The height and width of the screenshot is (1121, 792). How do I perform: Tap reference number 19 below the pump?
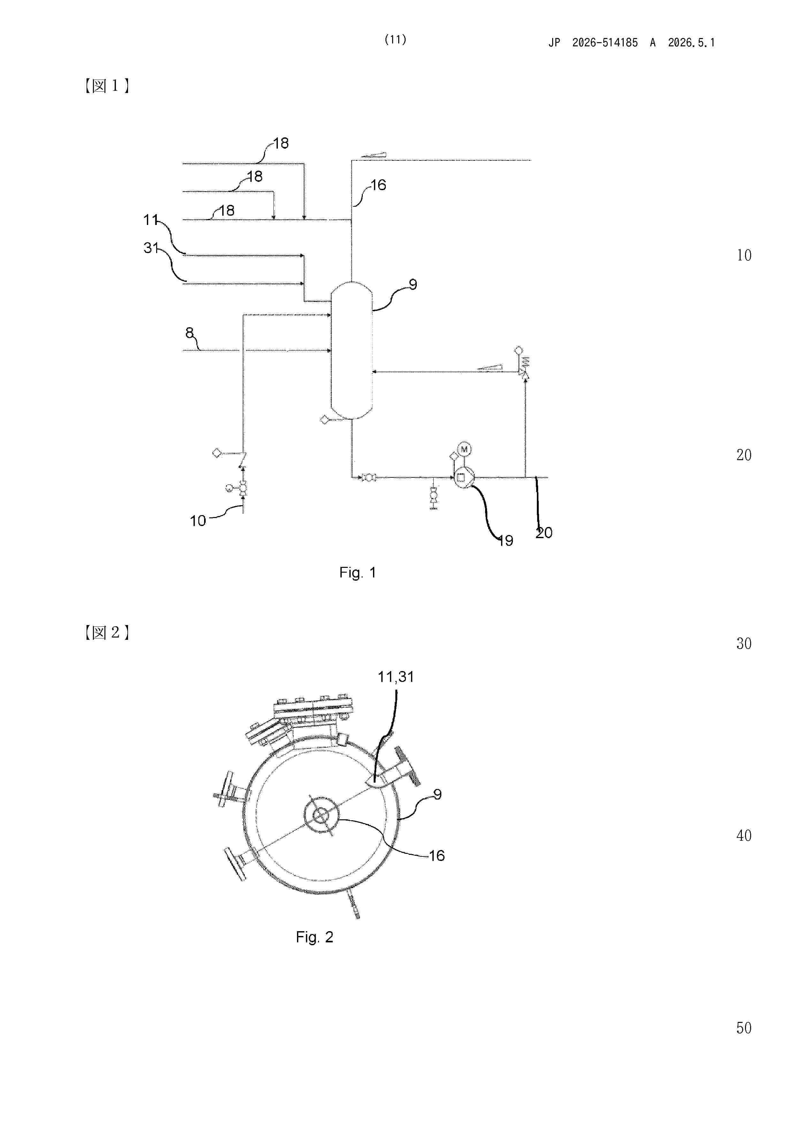click(x=506, y=540)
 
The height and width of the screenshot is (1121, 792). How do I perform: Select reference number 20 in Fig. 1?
click(x=544, y=533)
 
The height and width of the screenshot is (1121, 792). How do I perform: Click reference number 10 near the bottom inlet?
click(x=198, y=521)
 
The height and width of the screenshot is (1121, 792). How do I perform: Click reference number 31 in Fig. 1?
click(x=151, y=248)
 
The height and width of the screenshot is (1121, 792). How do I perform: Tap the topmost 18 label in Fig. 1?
click(x=281, y=143)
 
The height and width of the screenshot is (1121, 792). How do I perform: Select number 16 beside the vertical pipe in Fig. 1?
click(x=378, y=185)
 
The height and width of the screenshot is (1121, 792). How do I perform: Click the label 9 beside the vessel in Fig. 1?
click(x=413, y=284)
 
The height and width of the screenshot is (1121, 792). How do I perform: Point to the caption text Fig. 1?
click(x=358, y=572)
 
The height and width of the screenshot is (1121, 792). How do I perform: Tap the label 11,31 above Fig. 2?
click(x=396, y=677)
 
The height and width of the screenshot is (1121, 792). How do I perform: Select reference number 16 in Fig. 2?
click(x=437, y=855)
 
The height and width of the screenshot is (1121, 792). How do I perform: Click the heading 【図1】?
click(x=107, y=86)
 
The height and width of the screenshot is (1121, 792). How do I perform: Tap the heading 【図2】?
click(x=107, y=632)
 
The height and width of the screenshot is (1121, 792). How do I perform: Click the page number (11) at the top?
click(x=395, y=40)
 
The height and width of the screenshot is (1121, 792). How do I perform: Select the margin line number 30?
click(x=744, y=644)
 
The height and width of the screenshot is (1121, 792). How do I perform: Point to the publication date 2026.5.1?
click(x=691, y=43)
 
